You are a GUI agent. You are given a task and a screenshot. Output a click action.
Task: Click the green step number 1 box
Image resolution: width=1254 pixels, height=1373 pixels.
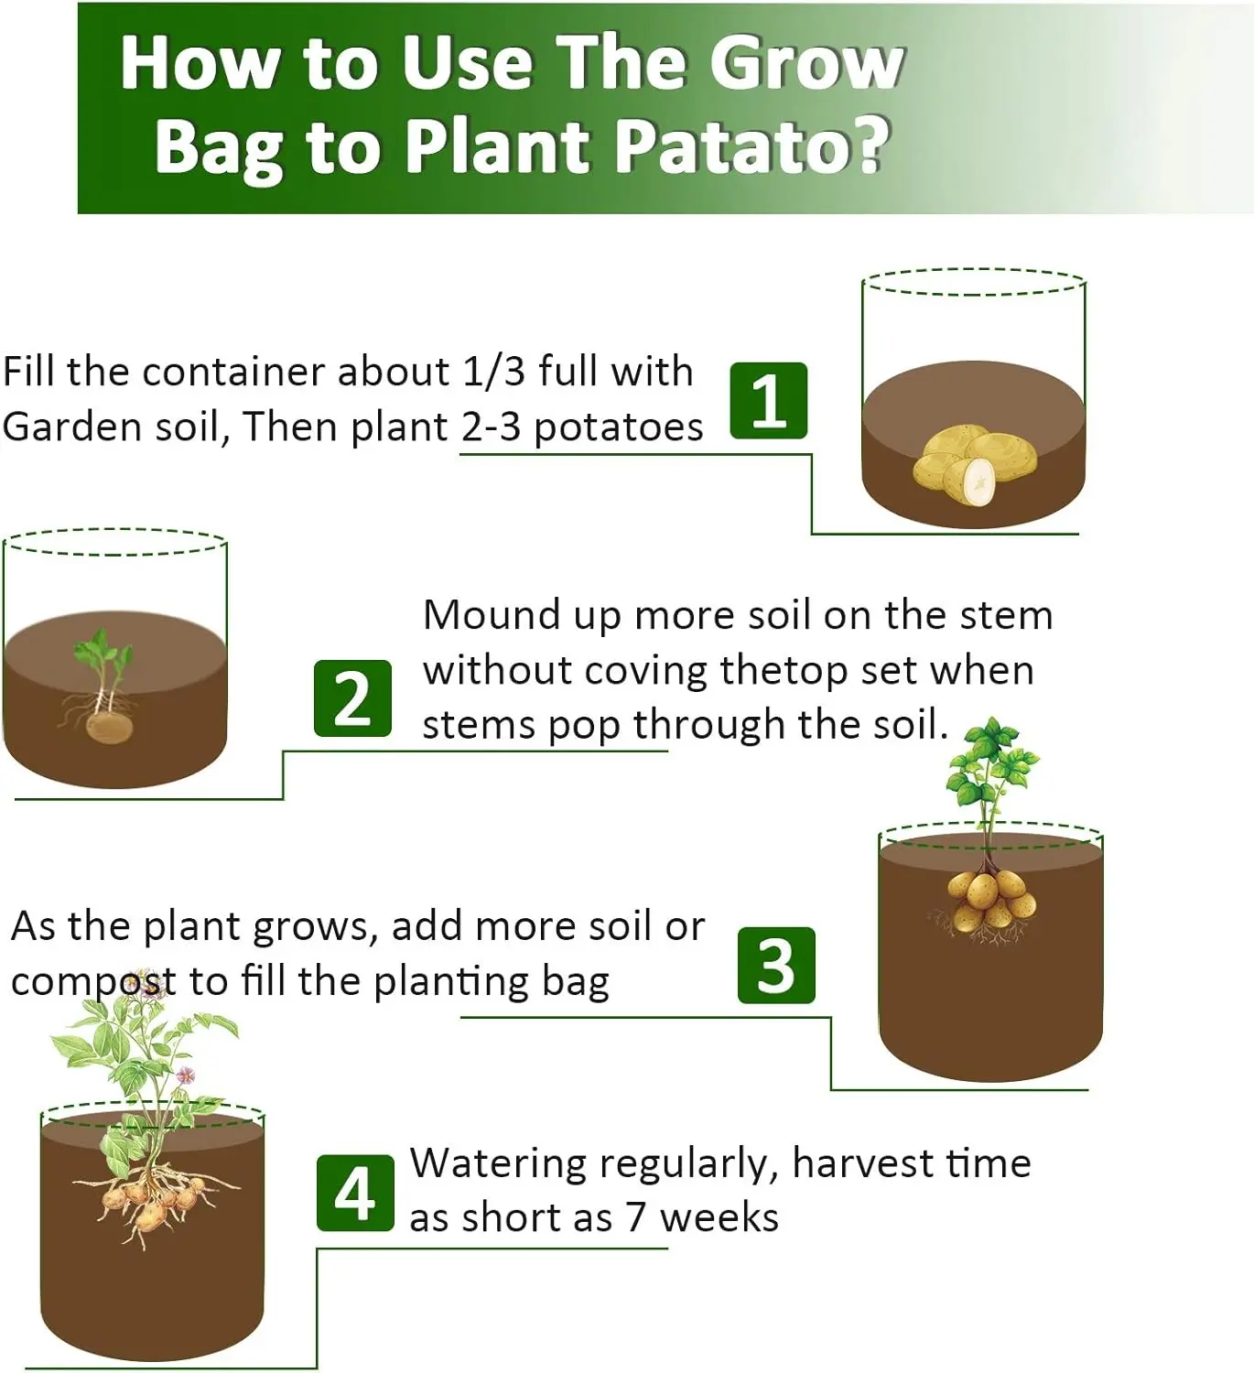point(769,400)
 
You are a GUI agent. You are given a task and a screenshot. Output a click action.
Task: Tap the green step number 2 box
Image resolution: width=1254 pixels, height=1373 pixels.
point(352,698)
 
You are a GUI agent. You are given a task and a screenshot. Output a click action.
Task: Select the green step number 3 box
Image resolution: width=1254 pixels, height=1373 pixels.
point(776,965)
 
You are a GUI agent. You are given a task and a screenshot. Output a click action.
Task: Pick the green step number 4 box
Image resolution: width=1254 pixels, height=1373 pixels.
point(355,1193)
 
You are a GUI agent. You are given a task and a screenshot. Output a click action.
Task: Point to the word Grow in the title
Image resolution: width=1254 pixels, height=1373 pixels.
point(806,64)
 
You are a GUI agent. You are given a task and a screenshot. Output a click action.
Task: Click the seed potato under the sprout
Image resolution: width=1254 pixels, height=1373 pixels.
point(110,727)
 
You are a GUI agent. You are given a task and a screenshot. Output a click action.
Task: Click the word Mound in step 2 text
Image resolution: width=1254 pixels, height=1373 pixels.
point(492,614)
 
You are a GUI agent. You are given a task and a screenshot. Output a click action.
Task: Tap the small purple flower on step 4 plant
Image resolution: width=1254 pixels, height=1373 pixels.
point(185,1075)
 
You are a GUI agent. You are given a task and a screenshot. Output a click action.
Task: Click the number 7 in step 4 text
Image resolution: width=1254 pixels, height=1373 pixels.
point(635,1218)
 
